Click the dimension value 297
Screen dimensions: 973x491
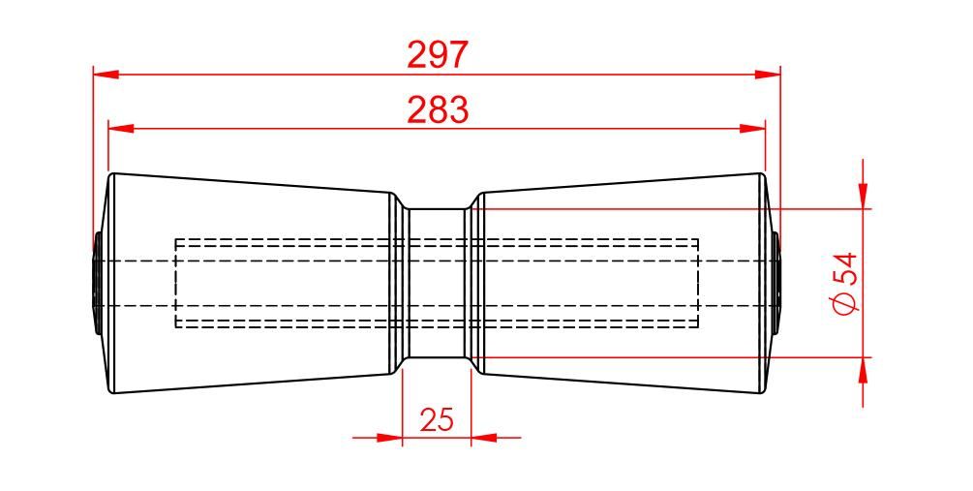tap(437, 54)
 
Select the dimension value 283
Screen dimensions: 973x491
tap(438, 109)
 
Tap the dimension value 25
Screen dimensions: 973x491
tap(437, 419)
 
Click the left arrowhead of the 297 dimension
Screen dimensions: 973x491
tap(106, 75)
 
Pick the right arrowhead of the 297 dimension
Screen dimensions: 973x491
tap(768, 75)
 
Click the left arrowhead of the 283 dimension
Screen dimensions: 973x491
tap(121, 129)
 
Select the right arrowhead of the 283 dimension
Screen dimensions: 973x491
tap(752, 129)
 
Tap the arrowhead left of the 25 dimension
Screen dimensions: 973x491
tap(390, 437)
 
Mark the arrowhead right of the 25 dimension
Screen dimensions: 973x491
tap(484, 437)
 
